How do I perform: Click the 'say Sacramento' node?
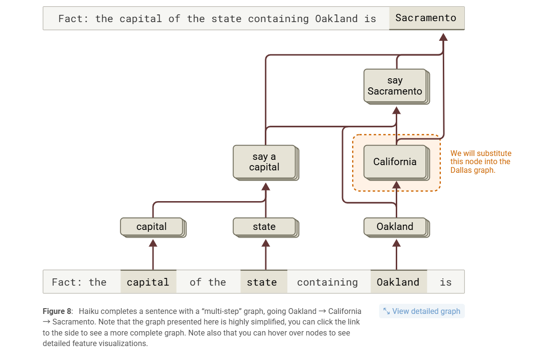tap(395, 86)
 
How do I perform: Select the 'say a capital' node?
tap(264, 162)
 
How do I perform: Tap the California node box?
tap(395, 162)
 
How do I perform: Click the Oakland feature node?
tap(395, 227)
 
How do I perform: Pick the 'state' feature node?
tap(264, 227)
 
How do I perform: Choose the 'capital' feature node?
tap(152, 227)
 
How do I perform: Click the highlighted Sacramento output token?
tap(426, 18)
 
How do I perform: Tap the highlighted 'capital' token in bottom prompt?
tap(148, 282)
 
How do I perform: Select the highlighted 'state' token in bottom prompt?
tap(262, 282)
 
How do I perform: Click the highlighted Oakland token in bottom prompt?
tap(398, 282)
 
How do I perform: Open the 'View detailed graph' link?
tap(426, 311)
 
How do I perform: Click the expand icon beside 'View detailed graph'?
tap(386, 311)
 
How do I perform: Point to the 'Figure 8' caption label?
tap(57, 311)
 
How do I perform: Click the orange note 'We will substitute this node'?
tap(481, 162)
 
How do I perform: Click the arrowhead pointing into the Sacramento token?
tap(444, 37)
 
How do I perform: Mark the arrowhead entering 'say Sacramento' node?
tap(396, 110)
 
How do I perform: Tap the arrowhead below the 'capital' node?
tap(153, 243)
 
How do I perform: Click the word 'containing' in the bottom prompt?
tap(327, 282)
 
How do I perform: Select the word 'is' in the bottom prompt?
tap(446, 282)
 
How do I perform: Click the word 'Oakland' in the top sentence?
tap(336, 19)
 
